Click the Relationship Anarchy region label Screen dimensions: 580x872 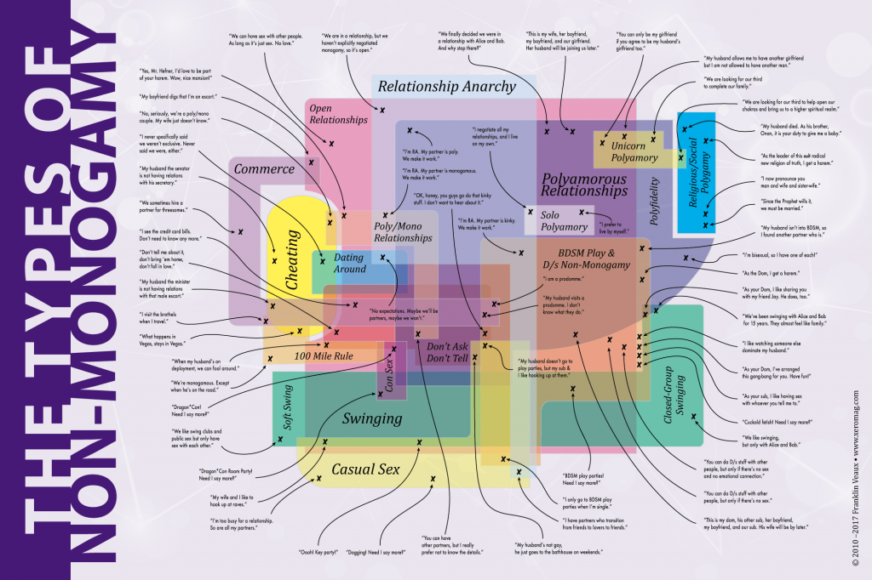[x=446, y=86]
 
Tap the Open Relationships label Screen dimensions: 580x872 [x=338, y=114]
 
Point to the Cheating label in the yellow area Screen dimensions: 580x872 [x=292, y=264]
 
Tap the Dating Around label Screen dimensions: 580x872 [x=349, y=263]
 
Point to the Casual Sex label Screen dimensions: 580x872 [x=365, y=469]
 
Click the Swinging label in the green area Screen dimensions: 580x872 [x=371, y=418]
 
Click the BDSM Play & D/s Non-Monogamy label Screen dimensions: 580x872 [x=588, y=259]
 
